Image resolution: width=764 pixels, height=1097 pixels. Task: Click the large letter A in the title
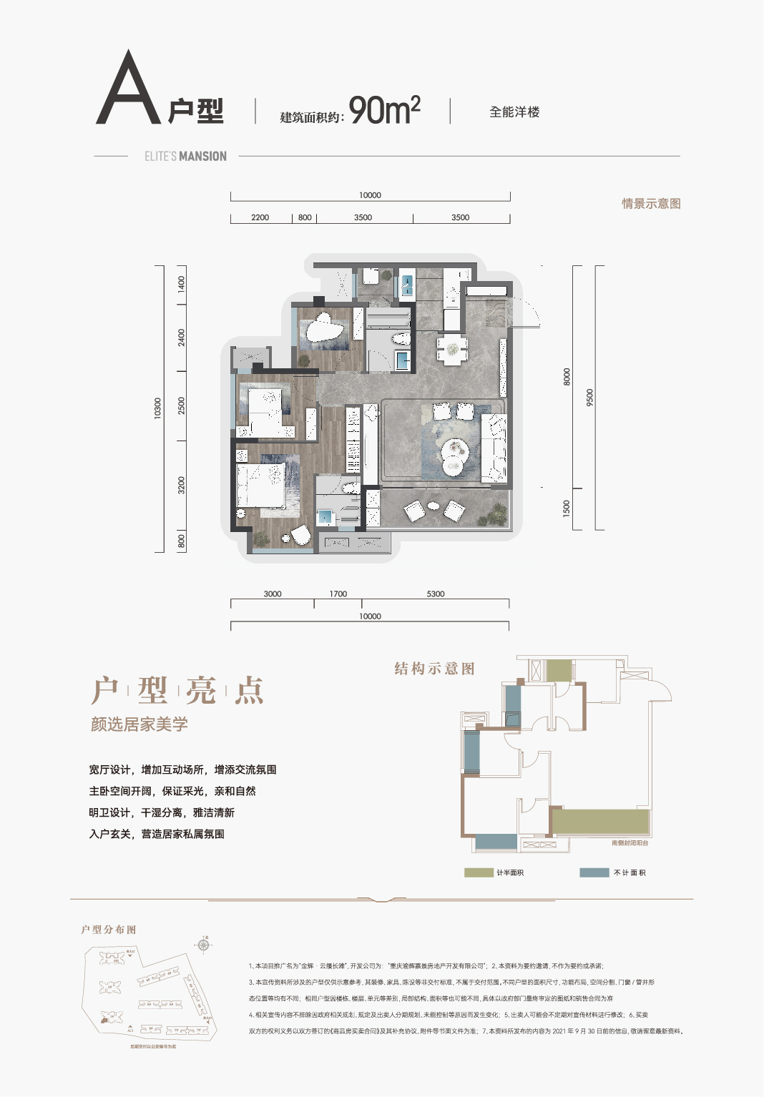point(128,89)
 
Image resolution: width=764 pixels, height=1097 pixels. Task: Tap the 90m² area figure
point(384,110)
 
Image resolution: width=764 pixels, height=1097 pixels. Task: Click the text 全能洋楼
point(514,112)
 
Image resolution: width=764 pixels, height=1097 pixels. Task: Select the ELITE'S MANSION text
point(185,156)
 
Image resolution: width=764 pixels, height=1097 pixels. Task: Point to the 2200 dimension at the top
point(260,217)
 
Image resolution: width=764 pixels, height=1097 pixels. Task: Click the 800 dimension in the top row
point(305,217)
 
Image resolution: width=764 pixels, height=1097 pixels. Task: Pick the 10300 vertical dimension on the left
point(158,408)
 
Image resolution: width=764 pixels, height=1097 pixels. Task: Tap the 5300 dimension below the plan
point(435,594)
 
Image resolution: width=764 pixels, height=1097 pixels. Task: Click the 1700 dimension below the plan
point(338,594)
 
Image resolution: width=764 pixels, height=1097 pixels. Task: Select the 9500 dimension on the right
point(589,398)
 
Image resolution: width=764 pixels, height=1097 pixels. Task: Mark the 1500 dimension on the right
point(567,508)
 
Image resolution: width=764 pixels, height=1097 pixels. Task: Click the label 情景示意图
point(651,204)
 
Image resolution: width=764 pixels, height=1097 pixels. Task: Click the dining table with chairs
point(452,350)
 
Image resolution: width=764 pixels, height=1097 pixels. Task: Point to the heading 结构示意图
point(434,669)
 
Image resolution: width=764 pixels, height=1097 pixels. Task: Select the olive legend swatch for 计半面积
point(479,872)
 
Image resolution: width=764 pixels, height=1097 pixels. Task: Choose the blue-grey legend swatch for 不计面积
point(594,872)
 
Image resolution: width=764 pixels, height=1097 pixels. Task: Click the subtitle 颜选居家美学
point(139,724)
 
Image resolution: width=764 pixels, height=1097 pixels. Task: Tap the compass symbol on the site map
point(204,945)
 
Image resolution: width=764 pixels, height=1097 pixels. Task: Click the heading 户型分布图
point(109,930)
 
